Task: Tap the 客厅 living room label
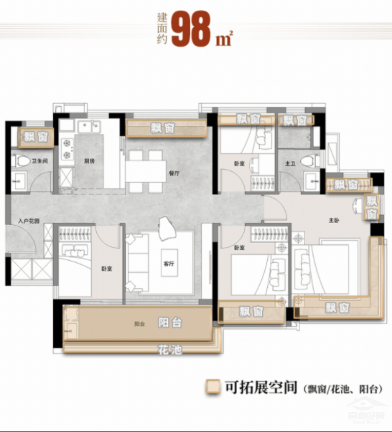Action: click(x=169, y=264)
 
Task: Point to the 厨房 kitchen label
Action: click(x=88, y=161)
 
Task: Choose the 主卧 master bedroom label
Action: click(x=334, y=220)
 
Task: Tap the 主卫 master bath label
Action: click(x=290, y=163)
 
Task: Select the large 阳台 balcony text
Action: click(x=170, y=323)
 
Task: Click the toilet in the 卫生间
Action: click(x=22, y=160)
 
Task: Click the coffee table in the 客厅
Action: click(x=169, y=262)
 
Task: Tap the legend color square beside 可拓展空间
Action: click(x=213, y=387)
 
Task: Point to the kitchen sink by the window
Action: click(x=90, y=125)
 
